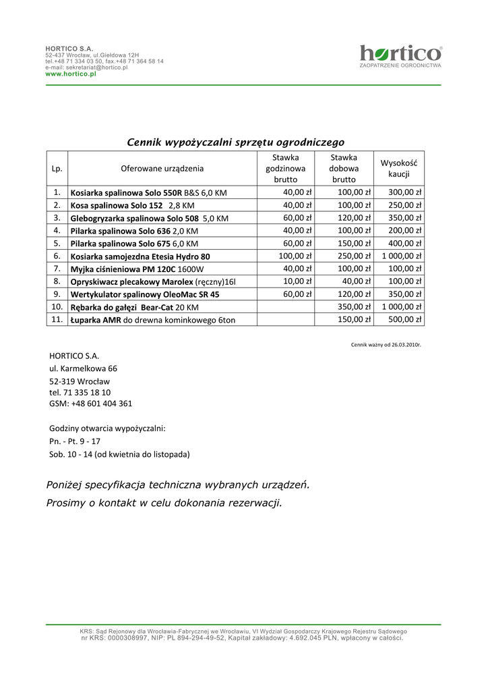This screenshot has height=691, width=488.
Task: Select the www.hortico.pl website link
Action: click(71, 74)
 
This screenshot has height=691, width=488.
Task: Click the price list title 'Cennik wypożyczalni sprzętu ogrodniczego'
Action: click(235, 142)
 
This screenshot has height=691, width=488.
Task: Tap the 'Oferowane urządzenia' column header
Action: click(162, 168)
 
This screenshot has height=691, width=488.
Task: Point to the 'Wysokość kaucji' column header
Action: click(399, 168)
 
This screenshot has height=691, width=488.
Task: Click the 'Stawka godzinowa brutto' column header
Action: click(285, 168)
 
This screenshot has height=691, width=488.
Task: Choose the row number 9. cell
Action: click(57, 294)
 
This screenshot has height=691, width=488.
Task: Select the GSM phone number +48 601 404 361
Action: click(91, 404)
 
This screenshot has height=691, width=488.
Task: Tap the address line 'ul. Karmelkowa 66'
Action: click(84, 368)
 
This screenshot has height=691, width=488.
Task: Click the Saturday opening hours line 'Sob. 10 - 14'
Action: click(119, 454)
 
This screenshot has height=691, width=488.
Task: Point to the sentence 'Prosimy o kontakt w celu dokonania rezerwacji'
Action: click(164, 503)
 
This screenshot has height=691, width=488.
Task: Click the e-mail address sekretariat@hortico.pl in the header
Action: click(86, 68)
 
